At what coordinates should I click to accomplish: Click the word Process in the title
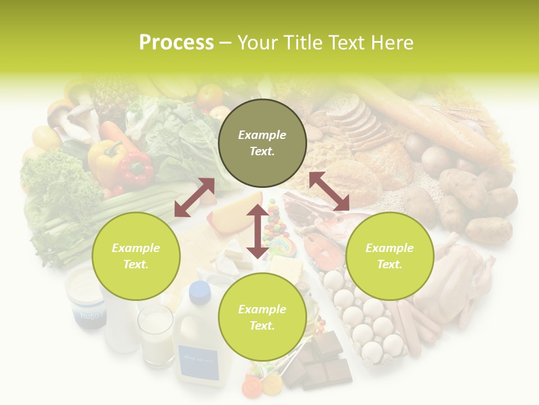[x=176, y=43]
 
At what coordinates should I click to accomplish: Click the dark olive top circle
[x=262, y=143]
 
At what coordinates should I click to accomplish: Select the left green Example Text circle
[x=136, y=256]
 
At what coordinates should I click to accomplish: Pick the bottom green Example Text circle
[x=262, y=317]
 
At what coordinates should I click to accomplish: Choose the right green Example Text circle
[x=390, y=256]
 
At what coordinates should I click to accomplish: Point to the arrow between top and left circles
[x=194, y=197]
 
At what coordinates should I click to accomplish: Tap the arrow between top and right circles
[x=329, y=192]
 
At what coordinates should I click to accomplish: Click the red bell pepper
[x=135, y=168]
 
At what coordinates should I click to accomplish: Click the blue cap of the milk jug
[x=199, y=291]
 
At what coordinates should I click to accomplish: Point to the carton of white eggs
[x=365, y=321]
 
